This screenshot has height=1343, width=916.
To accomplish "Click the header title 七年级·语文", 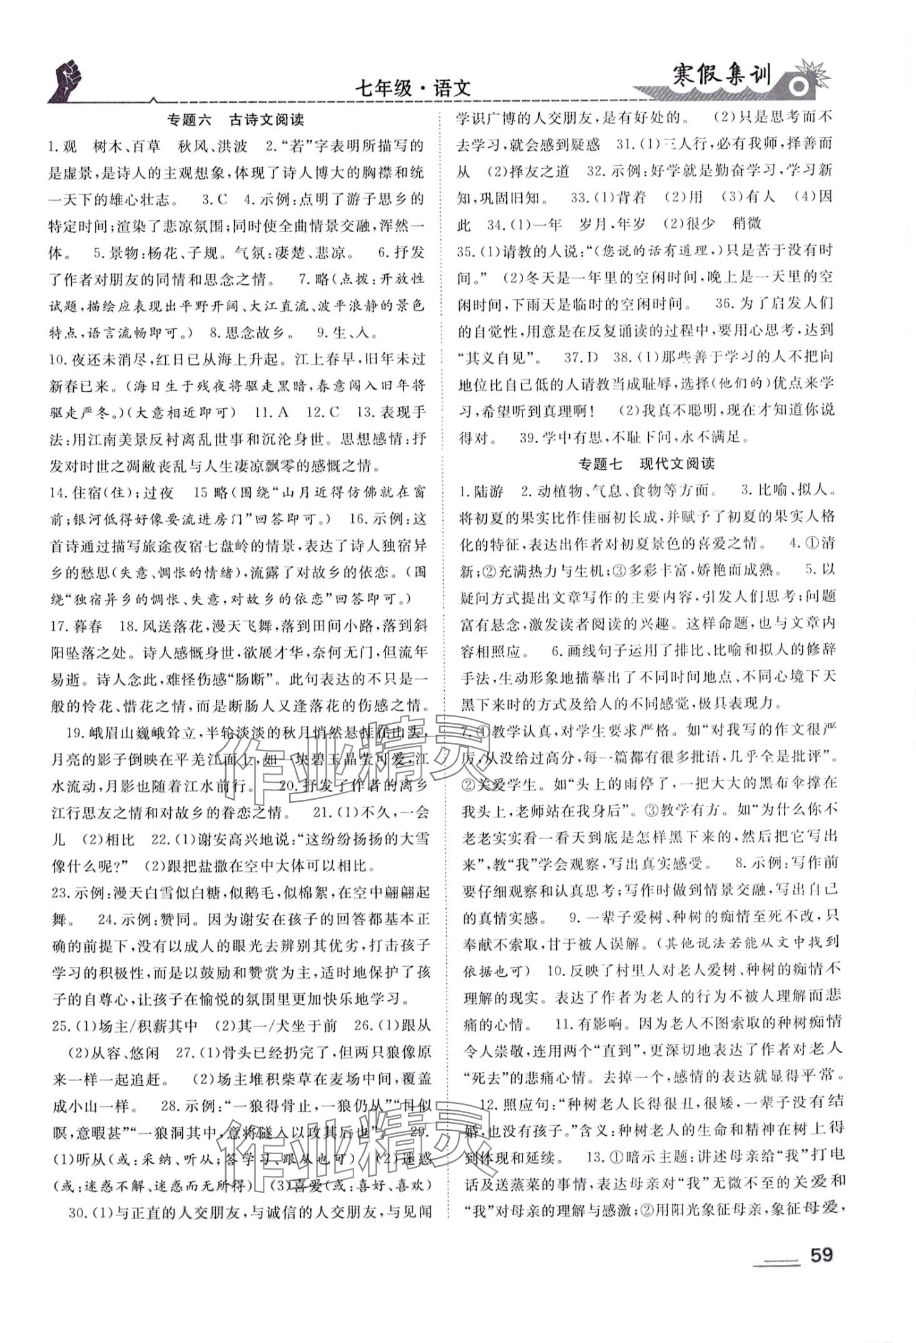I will [412, 89].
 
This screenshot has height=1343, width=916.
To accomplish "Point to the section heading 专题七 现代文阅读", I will [646, 464].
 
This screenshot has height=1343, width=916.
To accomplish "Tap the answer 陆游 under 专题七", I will [489, 491].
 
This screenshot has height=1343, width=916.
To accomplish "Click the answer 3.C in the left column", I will [214, 200].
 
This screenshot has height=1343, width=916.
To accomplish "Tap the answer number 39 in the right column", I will [527, 437].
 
